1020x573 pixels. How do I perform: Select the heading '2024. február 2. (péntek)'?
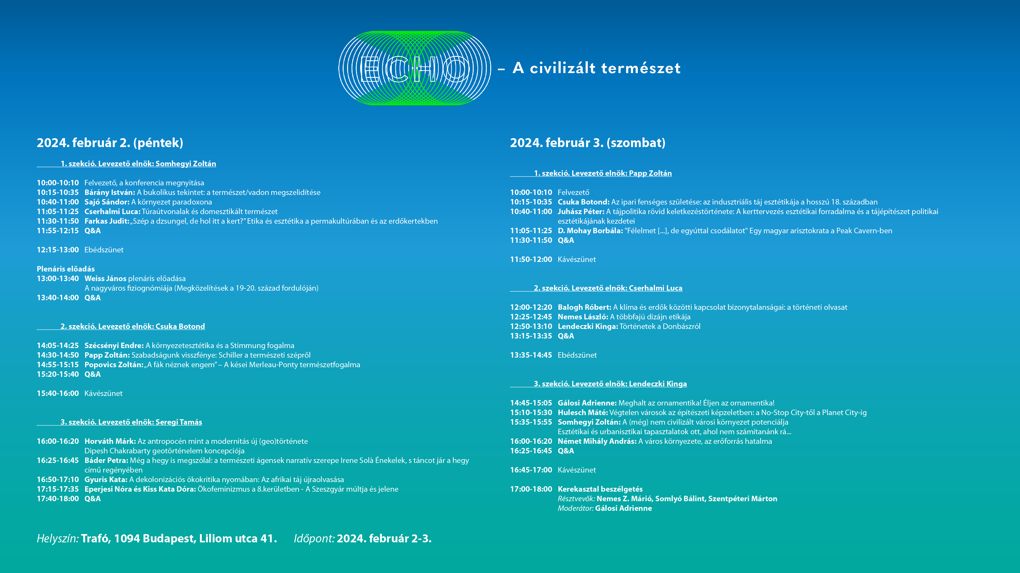tap(110, 143)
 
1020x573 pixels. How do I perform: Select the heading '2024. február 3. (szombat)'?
tap(587, 143)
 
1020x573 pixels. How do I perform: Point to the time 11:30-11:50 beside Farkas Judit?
tap(58, 221)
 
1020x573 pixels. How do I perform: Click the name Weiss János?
tap(105, 279)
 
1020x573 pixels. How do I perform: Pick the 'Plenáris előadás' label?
tap(66, 269)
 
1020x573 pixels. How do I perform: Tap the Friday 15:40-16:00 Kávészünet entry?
tap(80, 393)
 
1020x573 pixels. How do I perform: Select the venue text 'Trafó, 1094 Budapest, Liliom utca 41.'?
tap(179, 539)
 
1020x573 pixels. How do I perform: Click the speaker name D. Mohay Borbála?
tap(590, 231)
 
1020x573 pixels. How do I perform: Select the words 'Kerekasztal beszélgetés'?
tap(600, 489)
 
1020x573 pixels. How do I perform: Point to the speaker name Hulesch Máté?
tap(582, 413)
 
